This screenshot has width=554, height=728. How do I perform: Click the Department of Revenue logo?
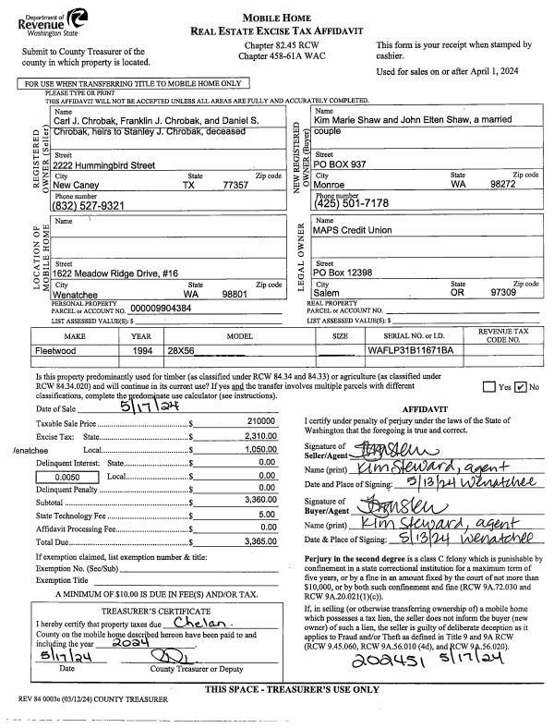point(44,18)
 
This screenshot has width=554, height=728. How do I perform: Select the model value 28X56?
point(181,352)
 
